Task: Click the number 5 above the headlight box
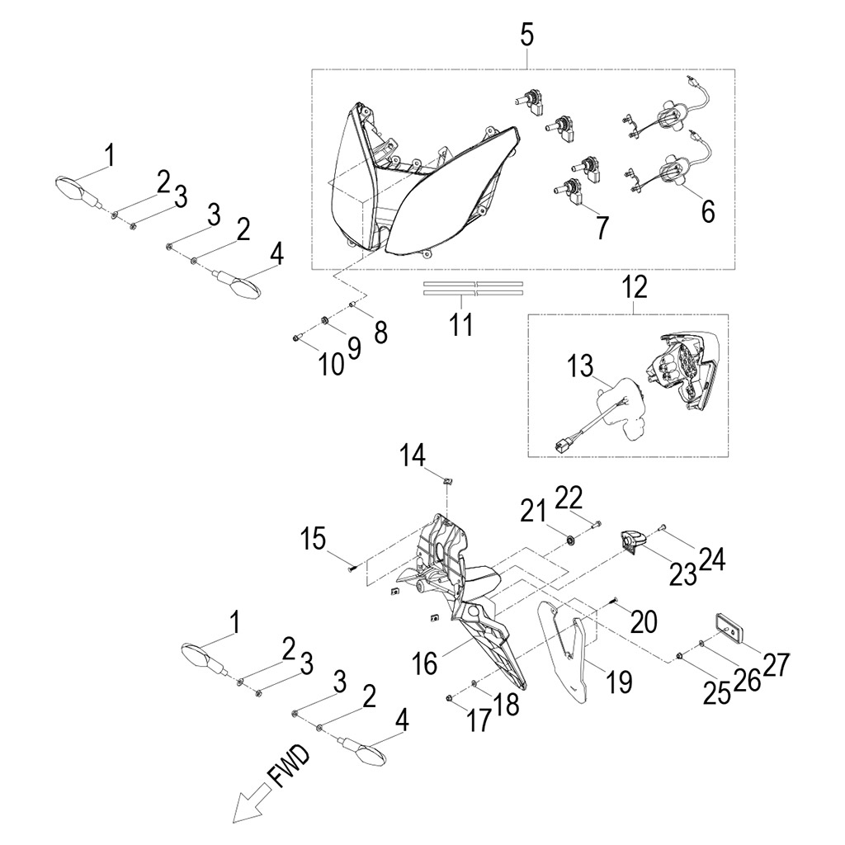pyautogui.click(x=526, y=35)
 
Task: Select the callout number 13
pyautogui.click(x=579, y=365)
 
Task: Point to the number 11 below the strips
pyautogui.click(x=461, y=324)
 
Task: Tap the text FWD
pyautogui.click(x=288, y=767)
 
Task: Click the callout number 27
pyautogui.click(x=775, y=664)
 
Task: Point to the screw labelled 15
pyautogui.click(x=353, y=566)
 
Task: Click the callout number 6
pyautogui.click(x=707, y=210)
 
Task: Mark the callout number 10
pyautogui.click(x=331, y=364)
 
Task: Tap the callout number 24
pyautogui.click(x=711, y=561)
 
